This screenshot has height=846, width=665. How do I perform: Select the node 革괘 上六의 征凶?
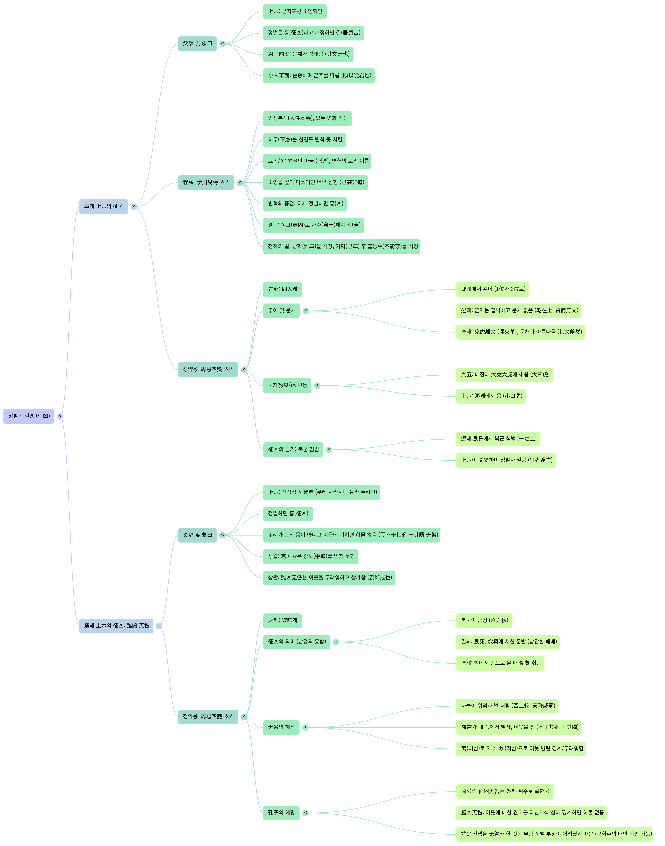[104, 206]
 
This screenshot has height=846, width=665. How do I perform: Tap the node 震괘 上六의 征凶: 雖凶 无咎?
[116, 626]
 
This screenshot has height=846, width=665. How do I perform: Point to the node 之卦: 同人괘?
[282, 289]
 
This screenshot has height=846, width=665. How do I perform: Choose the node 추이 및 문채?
[281, 311]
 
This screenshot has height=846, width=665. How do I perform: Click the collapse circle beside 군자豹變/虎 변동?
[317, 385]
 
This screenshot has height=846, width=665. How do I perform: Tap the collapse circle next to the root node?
[60, 416]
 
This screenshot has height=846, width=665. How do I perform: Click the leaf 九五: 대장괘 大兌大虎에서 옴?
[505, 375]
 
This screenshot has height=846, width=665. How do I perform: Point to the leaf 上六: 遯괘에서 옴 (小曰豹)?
[491, 396]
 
